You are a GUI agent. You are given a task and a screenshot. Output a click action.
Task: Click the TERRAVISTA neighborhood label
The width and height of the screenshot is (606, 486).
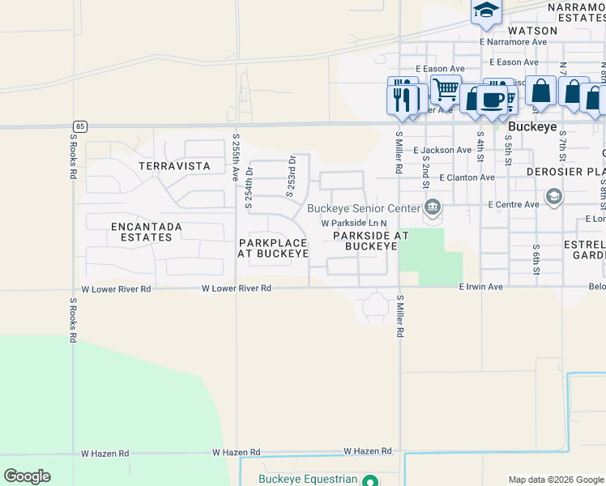click(174, 166)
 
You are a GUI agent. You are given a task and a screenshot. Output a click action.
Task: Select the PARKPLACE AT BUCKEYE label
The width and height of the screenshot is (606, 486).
click(273, 249)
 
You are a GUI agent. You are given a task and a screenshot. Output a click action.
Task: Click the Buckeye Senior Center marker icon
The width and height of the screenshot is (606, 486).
click(433, 208)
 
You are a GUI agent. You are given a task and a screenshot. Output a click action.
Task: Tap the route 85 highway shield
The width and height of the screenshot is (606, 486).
click(79, 126)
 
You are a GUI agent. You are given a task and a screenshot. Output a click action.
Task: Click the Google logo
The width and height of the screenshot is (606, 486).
click(27, 476)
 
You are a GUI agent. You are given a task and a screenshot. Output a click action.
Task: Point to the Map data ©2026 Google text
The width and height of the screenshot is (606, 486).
click(555, 480)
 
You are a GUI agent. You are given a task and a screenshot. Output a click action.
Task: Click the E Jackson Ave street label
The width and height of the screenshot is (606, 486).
click(442, 151)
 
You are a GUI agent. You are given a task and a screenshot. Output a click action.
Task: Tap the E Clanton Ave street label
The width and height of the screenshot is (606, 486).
click(467, 177)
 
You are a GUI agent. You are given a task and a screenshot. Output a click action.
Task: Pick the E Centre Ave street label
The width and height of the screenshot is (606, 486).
click(514, 205)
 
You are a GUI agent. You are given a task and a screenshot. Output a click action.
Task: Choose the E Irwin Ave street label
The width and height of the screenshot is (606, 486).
click(481, 287)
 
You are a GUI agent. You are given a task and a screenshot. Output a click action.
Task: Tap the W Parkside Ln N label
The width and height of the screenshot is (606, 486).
click(354, 224)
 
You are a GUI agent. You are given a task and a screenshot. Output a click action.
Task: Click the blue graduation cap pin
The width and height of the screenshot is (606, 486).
click(486, 10)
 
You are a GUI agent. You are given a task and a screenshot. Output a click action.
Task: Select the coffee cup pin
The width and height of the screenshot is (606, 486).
click(492, 100)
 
